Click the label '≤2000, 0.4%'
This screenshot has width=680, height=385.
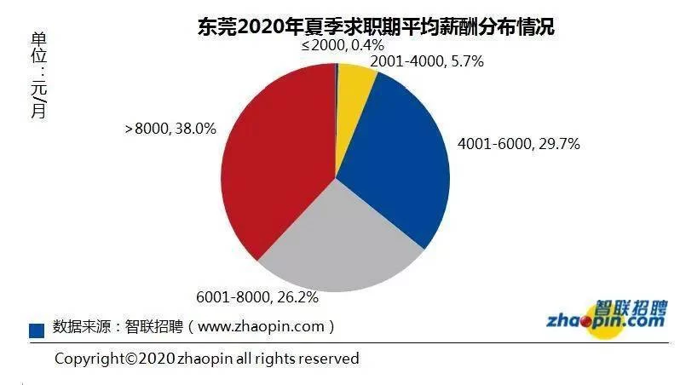(343, 44)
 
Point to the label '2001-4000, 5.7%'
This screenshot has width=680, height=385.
(426, 62)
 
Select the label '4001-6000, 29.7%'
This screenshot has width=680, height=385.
(518, 144)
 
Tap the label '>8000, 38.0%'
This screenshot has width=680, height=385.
(170, 129)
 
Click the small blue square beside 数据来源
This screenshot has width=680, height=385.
(37, 330)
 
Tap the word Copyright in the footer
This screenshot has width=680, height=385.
(89, 358)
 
